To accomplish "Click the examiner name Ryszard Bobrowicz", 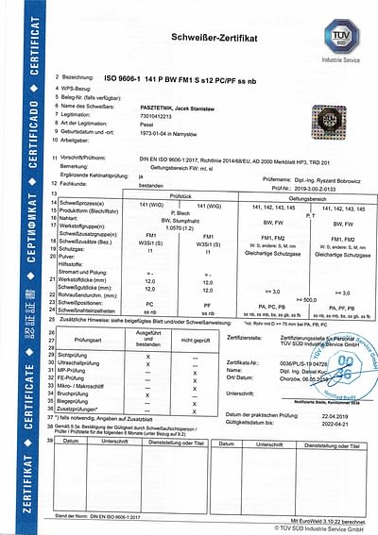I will (x=325, y=177).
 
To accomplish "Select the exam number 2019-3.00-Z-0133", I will (x=317, y=186).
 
